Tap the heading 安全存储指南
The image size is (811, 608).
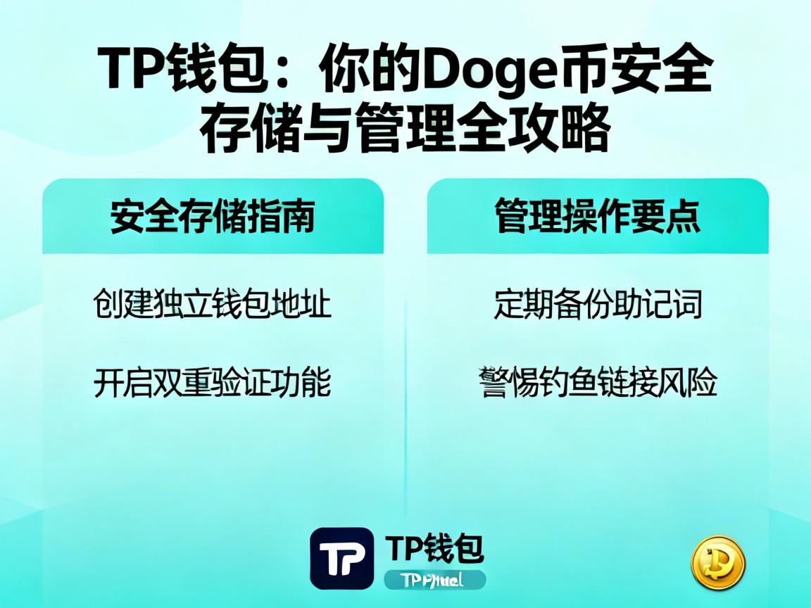(212, 216)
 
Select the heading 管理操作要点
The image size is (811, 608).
(597, 216)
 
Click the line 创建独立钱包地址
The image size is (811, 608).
(212, 305)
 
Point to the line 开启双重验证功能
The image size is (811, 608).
(212, 383)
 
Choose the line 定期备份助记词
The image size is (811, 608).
(598, 305)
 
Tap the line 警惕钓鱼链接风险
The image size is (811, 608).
(599, 383)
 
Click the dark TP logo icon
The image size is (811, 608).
(341, 558)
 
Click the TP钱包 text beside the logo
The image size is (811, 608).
(434, 547)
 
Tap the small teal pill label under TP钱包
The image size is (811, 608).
(434, 580)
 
